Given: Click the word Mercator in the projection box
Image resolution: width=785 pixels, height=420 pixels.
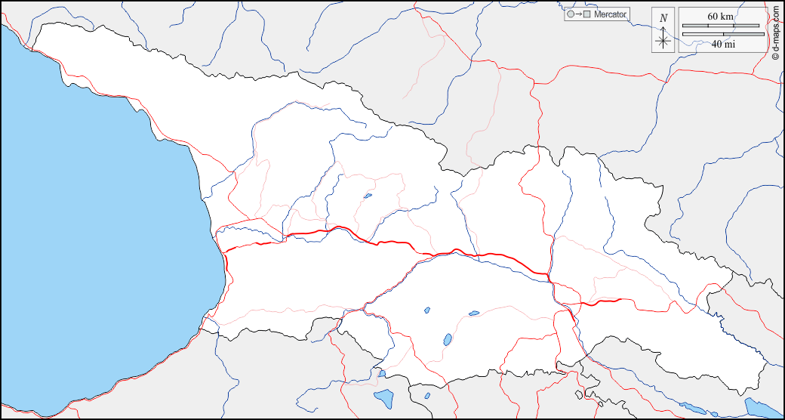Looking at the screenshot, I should click(611, 14).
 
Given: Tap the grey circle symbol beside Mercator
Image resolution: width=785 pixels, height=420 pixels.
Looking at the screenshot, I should click(570, 14).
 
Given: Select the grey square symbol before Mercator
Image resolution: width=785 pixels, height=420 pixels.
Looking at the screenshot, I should click(586, 14).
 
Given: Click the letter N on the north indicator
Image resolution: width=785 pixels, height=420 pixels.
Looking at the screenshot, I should click(663, 18).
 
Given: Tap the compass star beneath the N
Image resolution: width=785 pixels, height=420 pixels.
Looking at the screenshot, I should click(663, 40).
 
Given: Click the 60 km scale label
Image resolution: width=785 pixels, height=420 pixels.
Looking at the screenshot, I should click(720, 16).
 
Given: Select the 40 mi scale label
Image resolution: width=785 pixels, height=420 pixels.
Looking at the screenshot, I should click(723, 44).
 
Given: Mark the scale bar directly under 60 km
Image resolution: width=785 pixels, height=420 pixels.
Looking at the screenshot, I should click(720, 26).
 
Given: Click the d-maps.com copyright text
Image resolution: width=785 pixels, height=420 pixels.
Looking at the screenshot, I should click(776, 30).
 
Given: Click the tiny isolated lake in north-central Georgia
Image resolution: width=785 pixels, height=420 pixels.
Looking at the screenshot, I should click(368, 196).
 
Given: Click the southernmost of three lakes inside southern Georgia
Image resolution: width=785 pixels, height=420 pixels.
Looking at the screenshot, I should click(447, 340).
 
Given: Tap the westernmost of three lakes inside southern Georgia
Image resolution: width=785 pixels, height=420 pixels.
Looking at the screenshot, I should click(426, 310).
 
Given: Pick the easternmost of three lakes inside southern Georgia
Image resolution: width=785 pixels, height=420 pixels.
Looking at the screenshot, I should click(473, 313).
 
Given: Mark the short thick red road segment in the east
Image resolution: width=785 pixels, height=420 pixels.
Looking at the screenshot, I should click(600, 302).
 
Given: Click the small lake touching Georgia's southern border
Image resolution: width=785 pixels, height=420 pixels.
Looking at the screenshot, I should click(382, 373).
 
